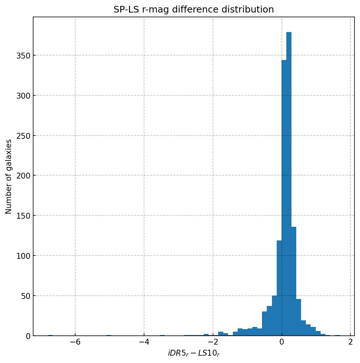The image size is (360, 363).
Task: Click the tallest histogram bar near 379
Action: point(289,184)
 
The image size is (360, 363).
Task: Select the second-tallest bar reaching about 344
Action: point(284,199)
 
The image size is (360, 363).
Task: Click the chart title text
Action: point(193,10)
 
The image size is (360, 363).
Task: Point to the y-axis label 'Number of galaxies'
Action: point(8,176)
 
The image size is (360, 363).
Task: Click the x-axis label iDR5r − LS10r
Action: point(193,353)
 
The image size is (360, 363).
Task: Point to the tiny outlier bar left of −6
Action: point(50,335)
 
